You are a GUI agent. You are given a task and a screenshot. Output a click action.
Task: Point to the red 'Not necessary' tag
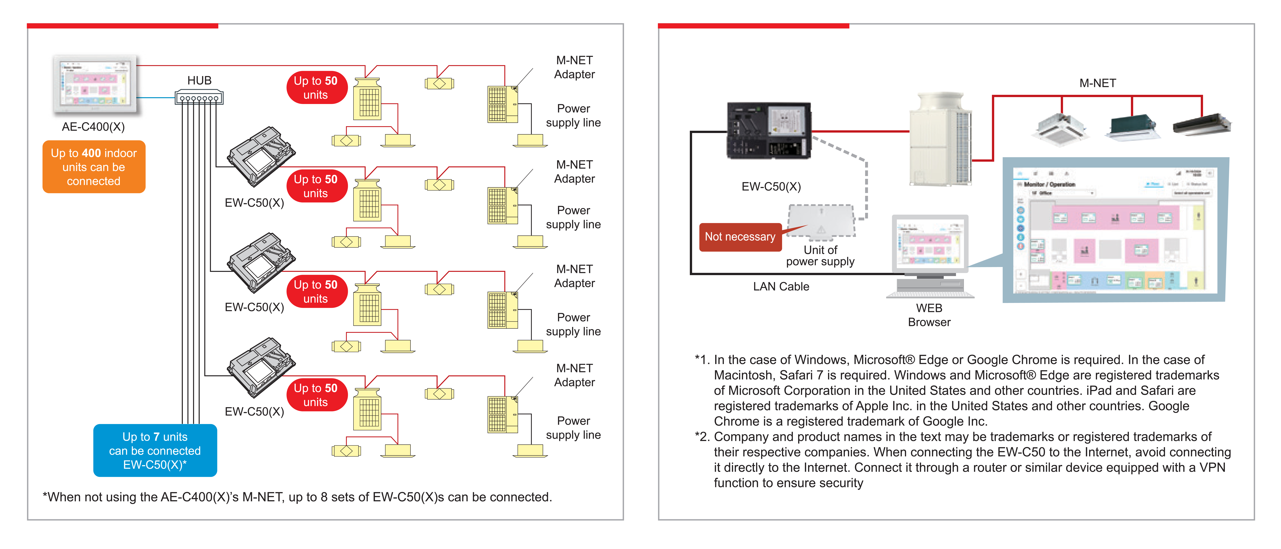coord(740,237)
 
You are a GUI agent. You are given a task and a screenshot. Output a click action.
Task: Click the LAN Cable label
coord(781,287)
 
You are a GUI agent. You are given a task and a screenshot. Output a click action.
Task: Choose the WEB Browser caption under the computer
coord(929,315)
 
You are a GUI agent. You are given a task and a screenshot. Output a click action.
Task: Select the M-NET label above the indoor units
coord(1097,83)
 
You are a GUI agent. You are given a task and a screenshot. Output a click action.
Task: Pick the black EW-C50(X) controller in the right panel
coord(769,130)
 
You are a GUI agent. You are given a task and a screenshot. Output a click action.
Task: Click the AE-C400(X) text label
coord(93,127)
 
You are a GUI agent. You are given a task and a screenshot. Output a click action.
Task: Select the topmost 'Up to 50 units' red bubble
coord(316,88)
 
